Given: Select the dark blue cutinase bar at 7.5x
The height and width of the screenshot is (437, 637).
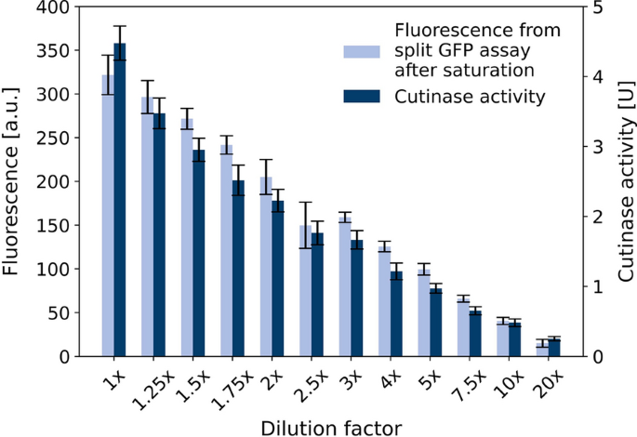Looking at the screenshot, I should click(475, 334).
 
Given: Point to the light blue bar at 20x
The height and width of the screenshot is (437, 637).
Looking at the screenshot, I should click(542, 350).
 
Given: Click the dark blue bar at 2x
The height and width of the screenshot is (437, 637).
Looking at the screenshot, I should click(278, 279).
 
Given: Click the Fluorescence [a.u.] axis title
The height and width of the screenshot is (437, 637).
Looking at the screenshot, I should click(13, 182).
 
